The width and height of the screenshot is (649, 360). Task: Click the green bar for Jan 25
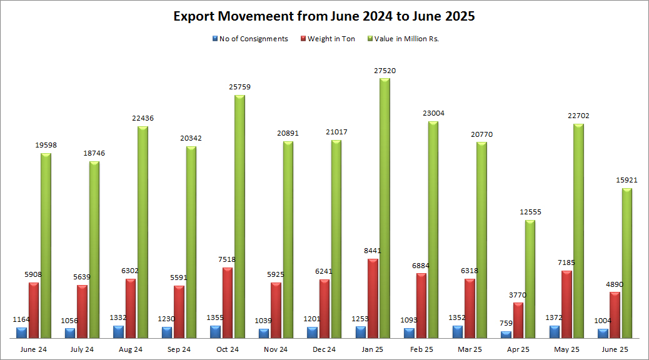(x=385, y=209)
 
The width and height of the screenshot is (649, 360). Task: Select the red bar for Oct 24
(x=228, y=303)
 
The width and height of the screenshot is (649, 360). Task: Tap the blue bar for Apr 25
(x=506, y=334)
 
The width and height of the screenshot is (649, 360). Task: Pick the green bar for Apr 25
(x=530, y=279)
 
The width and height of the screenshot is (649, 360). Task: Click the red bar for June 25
(x=615, y=315)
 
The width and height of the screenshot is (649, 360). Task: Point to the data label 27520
(x=385, y=71)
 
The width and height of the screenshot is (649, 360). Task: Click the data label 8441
(x=373, y=251)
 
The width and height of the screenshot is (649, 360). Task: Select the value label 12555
(x=530, y=212)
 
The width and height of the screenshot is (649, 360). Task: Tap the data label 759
(x=506, y=324)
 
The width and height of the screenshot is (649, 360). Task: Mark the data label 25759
(x=239, y=87)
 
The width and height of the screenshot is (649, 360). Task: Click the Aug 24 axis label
(x=130, y=349)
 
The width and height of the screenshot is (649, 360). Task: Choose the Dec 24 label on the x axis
(x=324, y=349)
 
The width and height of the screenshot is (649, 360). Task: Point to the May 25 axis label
(x=566, y=349)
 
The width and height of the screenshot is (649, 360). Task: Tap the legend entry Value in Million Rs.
(x=407, y=39)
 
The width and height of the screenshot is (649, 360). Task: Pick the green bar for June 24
(x=46, y=246)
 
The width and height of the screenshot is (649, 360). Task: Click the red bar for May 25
(x=566, y=304)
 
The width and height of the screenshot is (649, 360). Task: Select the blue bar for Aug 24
(x=118, y=332)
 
